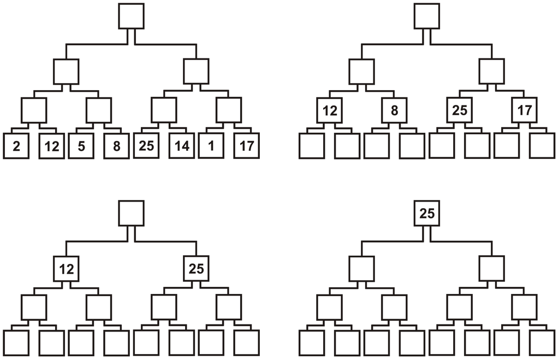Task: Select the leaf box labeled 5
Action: click(x=81, y=146)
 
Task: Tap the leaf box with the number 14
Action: click(x=182, y=146)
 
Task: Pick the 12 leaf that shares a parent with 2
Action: click(x=51, y=146)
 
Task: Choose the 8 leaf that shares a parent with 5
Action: click(x=116, y=146)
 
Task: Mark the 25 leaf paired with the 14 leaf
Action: click(x=146, y=146)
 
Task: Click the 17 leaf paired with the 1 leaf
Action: click(x=246, y=146)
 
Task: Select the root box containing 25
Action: click(x=427, y=213)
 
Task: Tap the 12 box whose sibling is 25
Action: click(x=66, y=268)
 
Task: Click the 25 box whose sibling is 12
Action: click(x=196, y=268)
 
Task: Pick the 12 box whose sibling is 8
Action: click(x=329, y=110)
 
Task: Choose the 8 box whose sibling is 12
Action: click(x=394, y=110)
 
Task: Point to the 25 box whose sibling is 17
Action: click(x=460, y=110)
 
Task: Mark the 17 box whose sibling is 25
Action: click(x=524, y=110)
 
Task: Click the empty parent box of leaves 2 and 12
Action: click(x=34, y=110)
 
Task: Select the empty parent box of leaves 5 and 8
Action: click(x=99, y=110)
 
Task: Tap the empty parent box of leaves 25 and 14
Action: click(x=164, y=110)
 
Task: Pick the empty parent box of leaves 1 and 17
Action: click(x=229, y=110)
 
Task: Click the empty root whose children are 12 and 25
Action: click(x=132, y=213)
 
